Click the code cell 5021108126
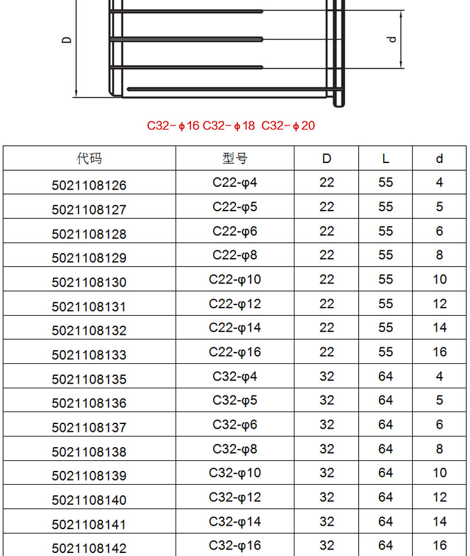pyautogui.click(x=89, y=186)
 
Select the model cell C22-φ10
pyautogui.click(x=235, y=279)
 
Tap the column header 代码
pyautogui.click(x=89, y=158)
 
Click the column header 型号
pyautogui.click(x=235, y=158)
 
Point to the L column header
pyautogui.click(x=386, y=159)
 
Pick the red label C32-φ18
pyautogui.click(x=229, y=125)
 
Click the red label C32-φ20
pyautogui.click(x=288, y=125)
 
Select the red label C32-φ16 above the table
pyautogui.click(x=173, y=125)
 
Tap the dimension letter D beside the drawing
pyautogui.click(x=67, y=40)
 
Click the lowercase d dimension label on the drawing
pyautogui.click(x=391, y=39)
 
